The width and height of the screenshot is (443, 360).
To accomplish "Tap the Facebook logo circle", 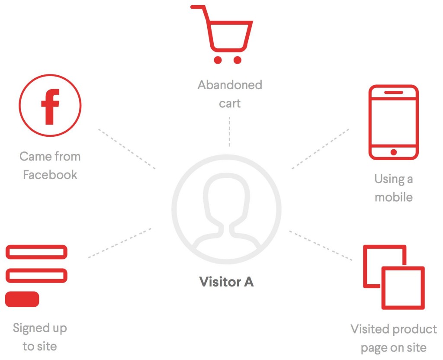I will point(50,106).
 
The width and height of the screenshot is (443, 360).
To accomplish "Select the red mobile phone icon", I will point(393,122).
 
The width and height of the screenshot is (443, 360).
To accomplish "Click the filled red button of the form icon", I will point(22,299).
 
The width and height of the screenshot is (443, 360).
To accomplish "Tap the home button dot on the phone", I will point(393,152).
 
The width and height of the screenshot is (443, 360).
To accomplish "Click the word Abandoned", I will point(230,85).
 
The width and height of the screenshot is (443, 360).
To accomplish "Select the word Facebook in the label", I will point(50,175).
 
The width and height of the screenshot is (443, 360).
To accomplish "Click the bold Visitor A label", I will point(226,282).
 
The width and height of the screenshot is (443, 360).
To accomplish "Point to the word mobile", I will point(394,197).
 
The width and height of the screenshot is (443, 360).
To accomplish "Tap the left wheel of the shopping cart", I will point(218,60).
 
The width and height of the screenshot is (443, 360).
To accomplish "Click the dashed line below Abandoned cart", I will point(229,132).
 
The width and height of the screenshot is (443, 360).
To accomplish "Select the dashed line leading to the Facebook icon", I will point(126,148).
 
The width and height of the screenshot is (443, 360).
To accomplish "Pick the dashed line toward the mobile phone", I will point(320,148).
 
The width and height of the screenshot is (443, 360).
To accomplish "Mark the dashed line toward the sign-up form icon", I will point(120,243).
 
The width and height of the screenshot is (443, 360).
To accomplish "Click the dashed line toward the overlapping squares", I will point(321,245).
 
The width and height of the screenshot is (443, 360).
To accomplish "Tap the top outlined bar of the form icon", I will point(36,252).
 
